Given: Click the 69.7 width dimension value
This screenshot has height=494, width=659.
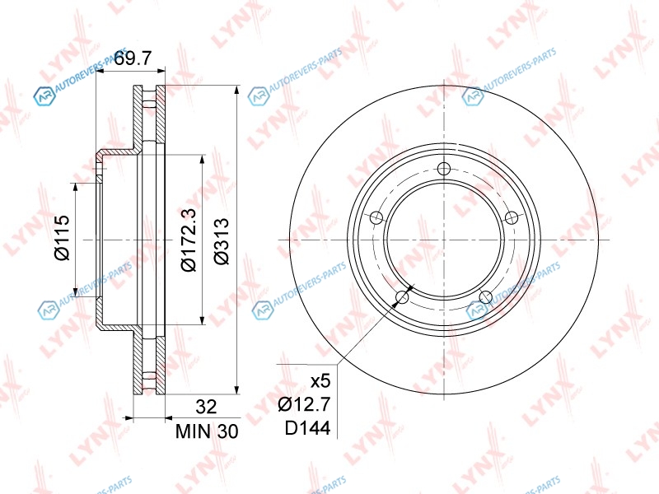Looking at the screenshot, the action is point(133,58).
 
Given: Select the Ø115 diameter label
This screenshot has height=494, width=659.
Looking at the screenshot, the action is point(62,238).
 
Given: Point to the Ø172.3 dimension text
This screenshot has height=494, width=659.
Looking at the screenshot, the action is point(189,240).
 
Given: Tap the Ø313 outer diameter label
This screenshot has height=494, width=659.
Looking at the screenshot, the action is point(221,241).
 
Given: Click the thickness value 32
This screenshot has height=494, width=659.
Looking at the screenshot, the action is point(207,407).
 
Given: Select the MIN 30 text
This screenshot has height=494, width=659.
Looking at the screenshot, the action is point(207,431).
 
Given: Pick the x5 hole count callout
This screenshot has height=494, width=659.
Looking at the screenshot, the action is point(320,381).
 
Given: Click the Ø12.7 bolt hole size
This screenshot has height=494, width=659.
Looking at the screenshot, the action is point(305,404).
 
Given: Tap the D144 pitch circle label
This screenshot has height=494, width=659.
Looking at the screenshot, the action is point(307,428).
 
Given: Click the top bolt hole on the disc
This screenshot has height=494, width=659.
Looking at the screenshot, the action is point(444,170).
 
